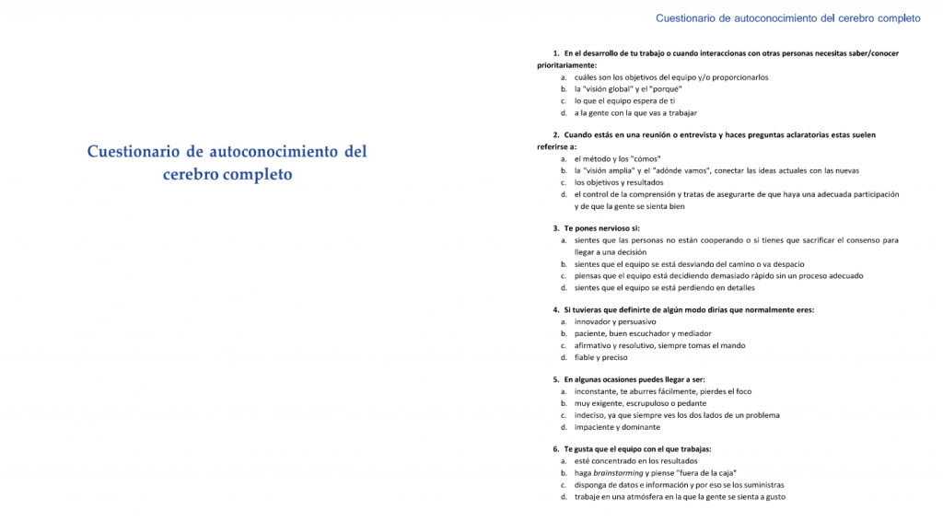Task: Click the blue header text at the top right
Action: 789,17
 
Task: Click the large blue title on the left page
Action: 227,162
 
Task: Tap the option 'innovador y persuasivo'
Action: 615,322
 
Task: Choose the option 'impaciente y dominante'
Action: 616,427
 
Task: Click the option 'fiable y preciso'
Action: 600,357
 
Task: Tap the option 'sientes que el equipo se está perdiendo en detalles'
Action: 664,287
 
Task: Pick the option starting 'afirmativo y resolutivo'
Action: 659,345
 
